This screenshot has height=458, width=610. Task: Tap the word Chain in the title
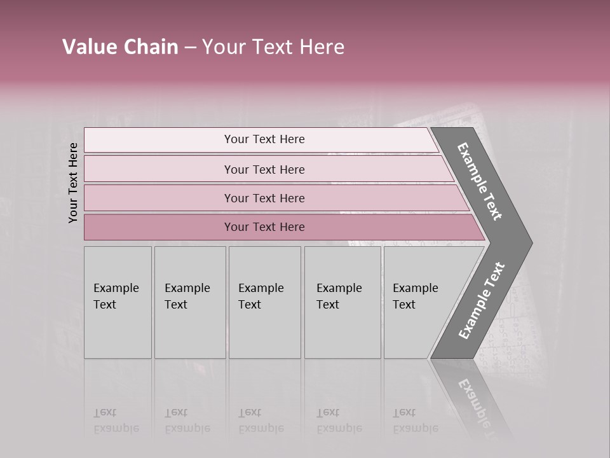pos(149,47)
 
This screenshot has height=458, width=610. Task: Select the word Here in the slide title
pos(322,47)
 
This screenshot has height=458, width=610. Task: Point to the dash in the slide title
pos(189,48)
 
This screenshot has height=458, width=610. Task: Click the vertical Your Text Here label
pos(73,183)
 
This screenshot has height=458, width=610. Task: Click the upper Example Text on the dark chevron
pos(480,181)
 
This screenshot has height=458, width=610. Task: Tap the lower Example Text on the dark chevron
pos(482,301)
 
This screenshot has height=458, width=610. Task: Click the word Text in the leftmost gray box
pos(105,305)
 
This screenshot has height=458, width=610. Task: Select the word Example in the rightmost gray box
pos(416,288)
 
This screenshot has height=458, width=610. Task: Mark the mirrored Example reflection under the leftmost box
pos(116,428)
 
